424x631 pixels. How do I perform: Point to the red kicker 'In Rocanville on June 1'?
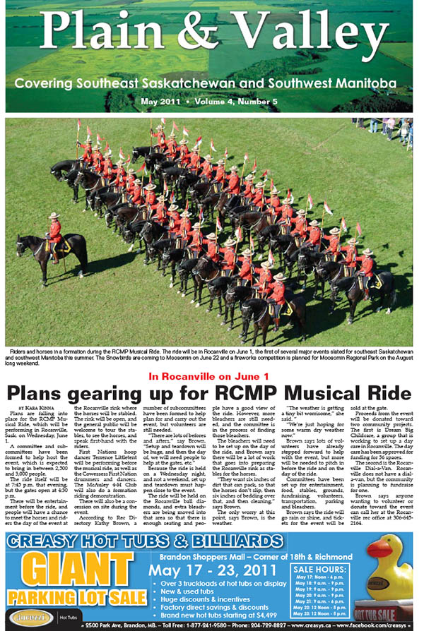[x=210, y=375]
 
